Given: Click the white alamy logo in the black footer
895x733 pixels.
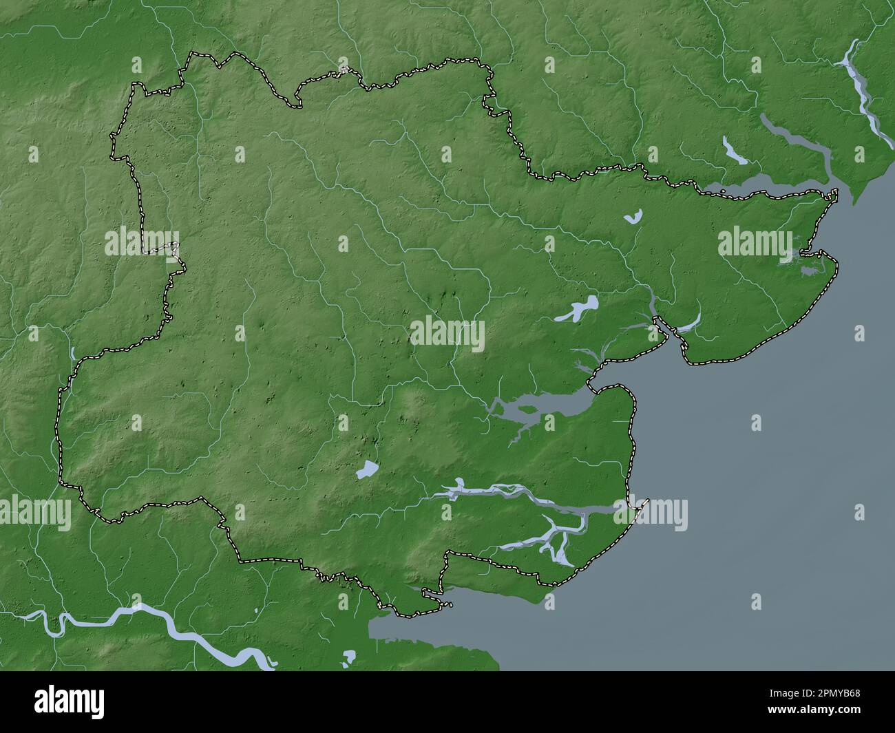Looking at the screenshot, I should (x=70, y=702).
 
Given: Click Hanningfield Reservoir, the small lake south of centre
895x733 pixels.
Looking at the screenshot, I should (x=366, y=471).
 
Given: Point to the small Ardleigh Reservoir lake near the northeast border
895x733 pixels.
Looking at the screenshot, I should (x=632, y=217).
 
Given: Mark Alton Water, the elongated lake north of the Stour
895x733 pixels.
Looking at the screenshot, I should (x=734, y=151).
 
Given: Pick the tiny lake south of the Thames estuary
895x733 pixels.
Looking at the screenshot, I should (x=349, y=656).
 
